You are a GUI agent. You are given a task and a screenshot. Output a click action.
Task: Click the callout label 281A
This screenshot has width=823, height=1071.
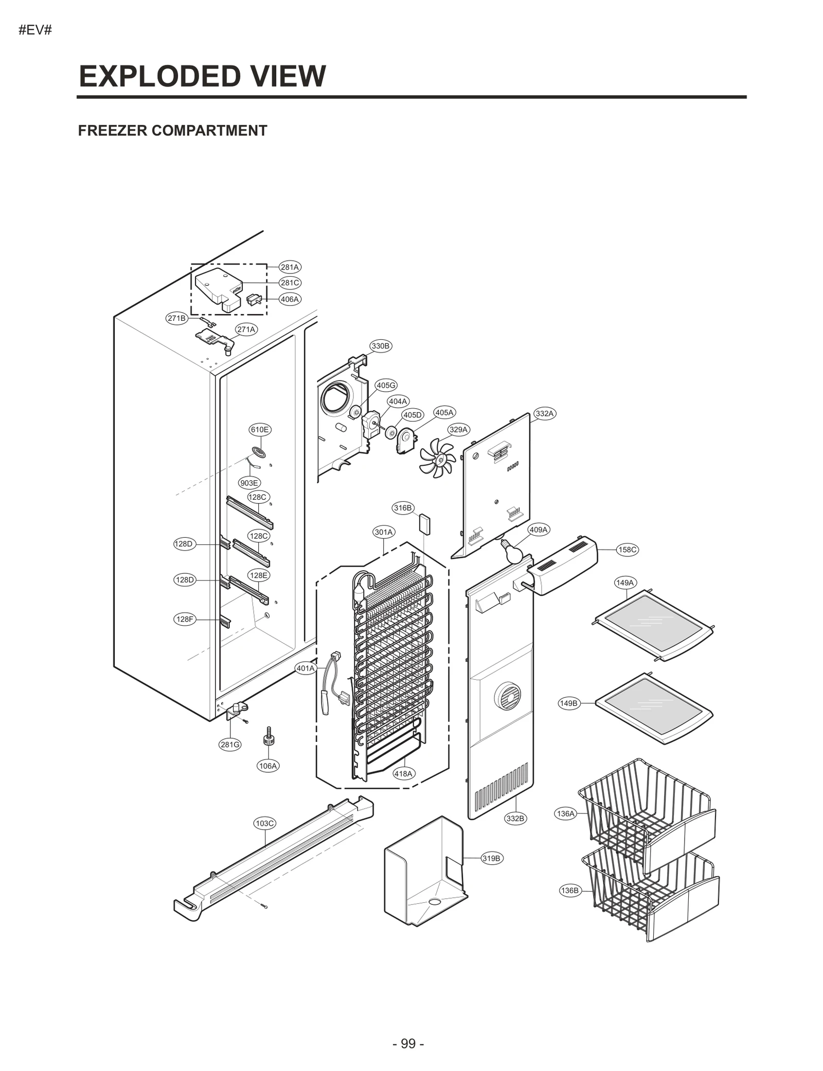290,267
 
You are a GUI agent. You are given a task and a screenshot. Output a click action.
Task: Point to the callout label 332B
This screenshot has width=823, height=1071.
515,818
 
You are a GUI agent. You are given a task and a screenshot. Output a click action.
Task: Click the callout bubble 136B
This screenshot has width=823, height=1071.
569,890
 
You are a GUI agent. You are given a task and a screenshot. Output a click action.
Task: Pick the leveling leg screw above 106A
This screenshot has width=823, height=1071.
268,736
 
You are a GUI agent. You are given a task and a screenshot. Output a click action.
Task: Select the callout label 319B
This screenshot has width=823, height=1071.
491,858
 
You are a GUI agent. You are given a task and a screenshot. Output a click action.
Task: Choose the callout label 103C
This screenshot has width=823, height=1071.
265,823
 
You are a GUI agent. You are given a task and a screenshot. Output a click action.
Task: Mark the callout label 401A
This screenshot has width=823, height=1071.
305,668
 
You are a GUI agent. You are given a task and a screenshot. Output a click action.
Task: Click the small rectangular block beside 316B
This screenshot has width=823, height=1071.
425,523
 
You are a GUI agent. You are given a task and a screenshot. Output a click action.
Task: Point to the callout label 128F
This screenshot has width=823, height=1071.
185,619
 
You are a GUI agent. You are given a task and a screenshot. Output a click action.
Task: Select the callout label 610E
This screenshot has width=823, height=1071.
260,429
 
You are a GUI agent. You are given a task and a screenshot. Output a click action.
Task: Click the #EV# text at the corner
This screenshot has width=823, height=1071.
35,30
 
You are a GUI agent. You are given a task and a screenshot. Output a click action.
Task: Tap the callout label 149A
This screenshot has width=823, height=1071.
625,583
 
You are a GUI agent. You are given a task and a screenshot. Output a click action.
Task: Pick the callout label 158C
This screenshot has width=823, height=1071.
628,550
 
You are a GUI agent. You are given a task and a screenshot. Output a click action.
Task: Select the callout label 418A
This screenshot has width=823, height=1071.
403,788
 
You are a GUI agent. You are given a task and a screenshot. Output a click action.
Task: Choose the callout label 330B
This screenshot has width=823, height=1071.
381,346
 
